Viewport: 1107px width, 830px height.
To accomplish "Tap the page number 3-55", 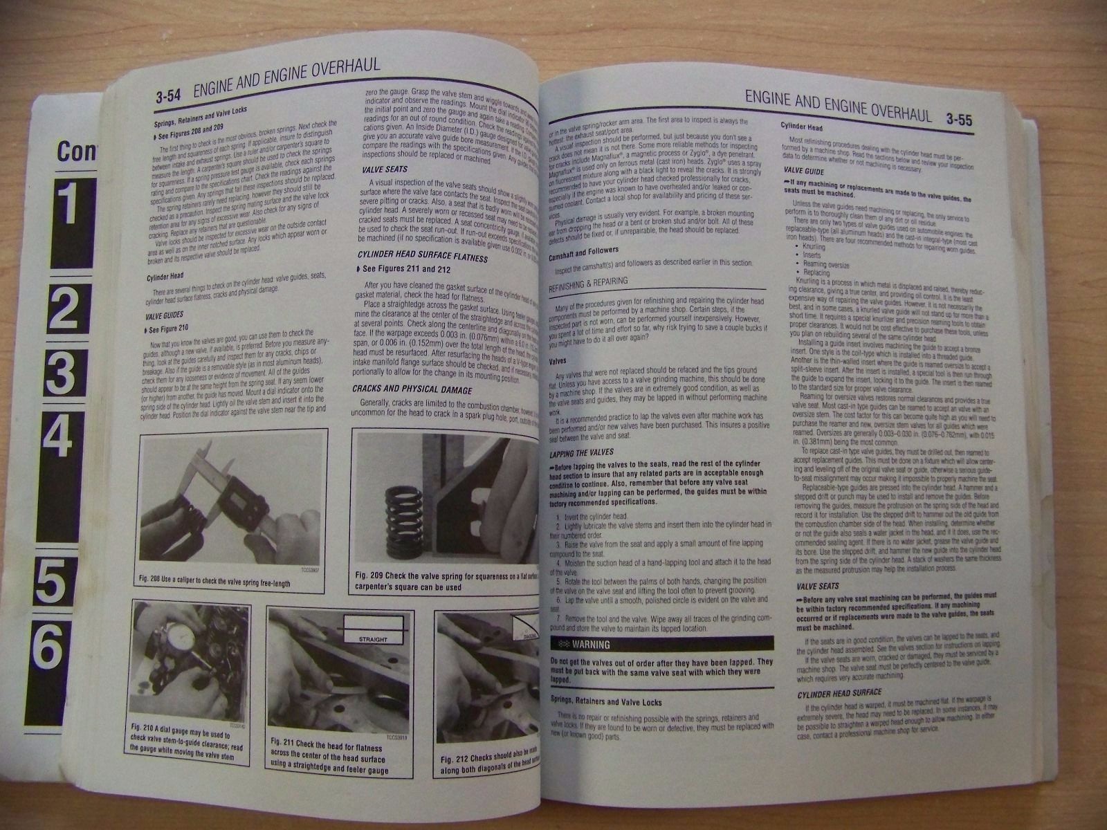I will [x=959, y=118].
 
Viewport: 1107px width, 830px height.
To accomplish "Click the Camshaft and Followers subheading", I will [x=583, y=250].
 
